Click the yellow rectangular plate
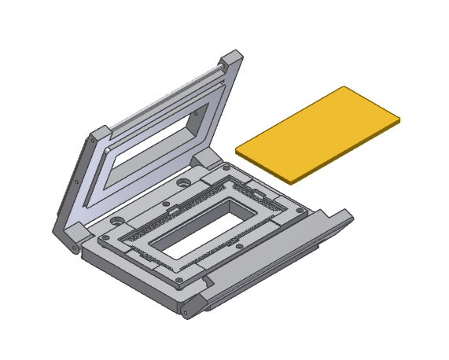318,131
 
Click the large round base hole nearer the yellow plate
183,183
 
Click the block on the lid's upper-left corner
101,135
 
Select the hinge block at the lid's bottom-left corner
77,233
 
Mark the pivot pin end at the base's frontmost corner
186,313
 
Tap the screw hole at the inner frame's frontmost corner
178,278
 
